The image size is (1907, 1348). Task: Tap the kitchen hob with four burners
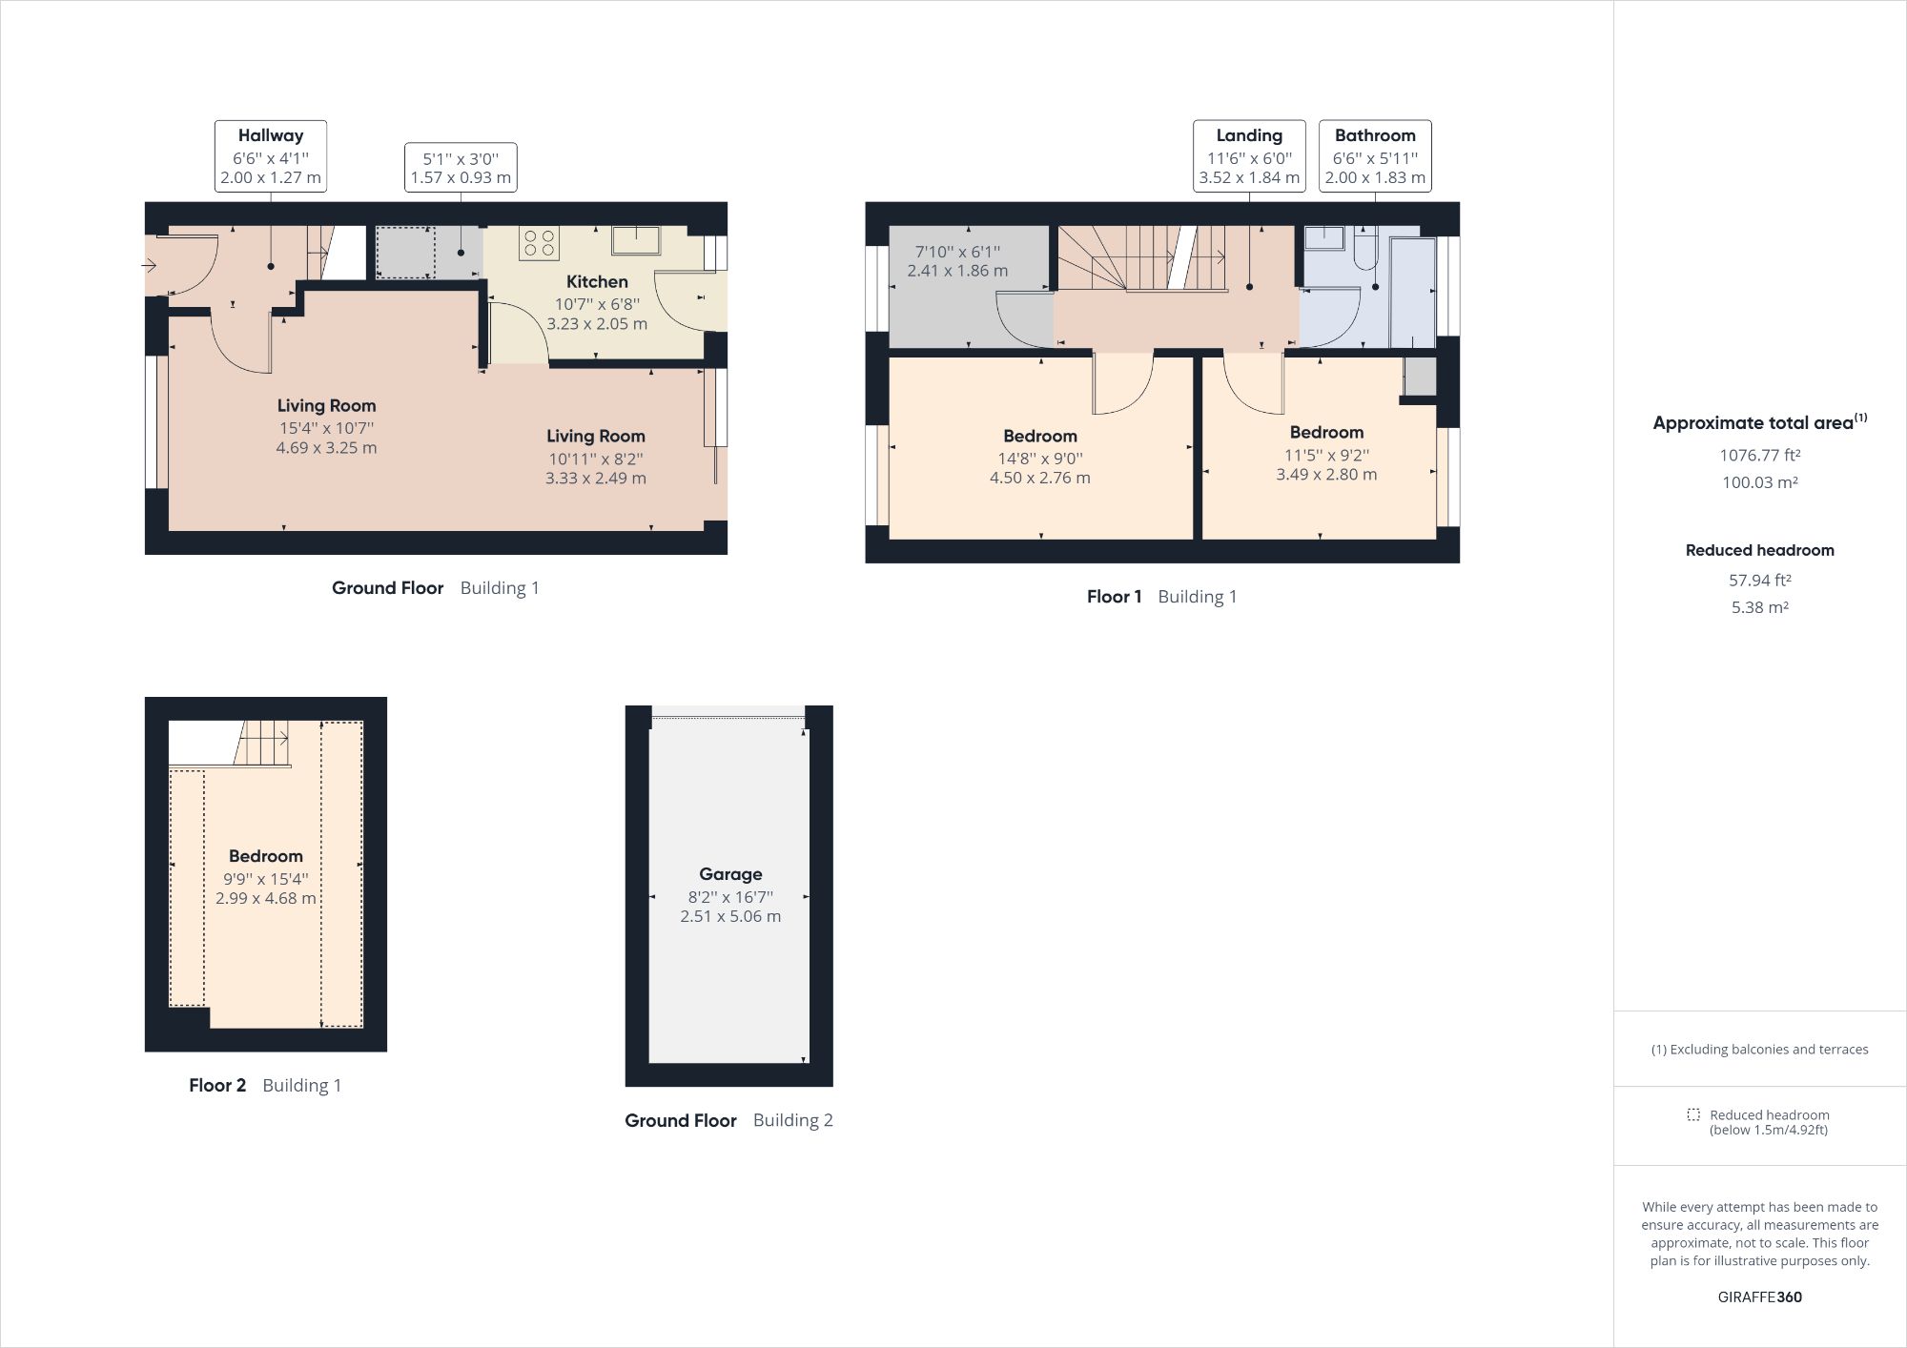539,242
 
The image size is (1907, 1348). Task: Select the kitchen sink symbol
636,239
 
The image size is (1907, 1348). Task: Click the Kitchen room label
597,281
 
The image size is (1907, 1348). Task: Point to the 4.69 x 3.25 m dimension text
326,447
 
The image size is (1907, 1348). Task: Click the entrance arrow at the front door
150,265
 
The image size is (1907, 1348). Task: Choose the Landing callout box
1249,156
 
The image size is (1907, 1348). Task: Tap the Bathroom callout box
1375,156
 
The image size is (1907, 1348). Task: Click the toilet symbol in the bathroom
1364,250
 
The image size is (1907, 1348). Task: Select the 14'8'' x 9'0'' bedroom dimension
1039,458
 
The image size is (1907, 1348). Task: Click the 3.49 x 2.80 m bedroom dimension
1326,474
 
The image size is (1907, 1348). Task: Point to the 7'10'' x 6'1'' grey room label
957,252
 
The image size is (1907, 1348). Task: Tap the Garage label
730,873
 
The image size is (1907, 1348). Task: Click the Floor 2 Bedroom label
265,856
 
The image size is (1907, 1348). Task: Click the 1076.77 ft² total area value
1759,455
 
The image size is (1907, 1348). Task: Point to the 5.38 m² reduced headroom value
1759,607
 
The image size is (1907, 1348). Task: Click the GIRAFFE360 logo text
1759,1297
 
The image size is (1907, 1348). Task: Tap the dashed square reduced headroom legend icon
1693,1114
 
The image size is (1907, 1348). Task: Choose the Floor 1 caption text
1114,597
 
